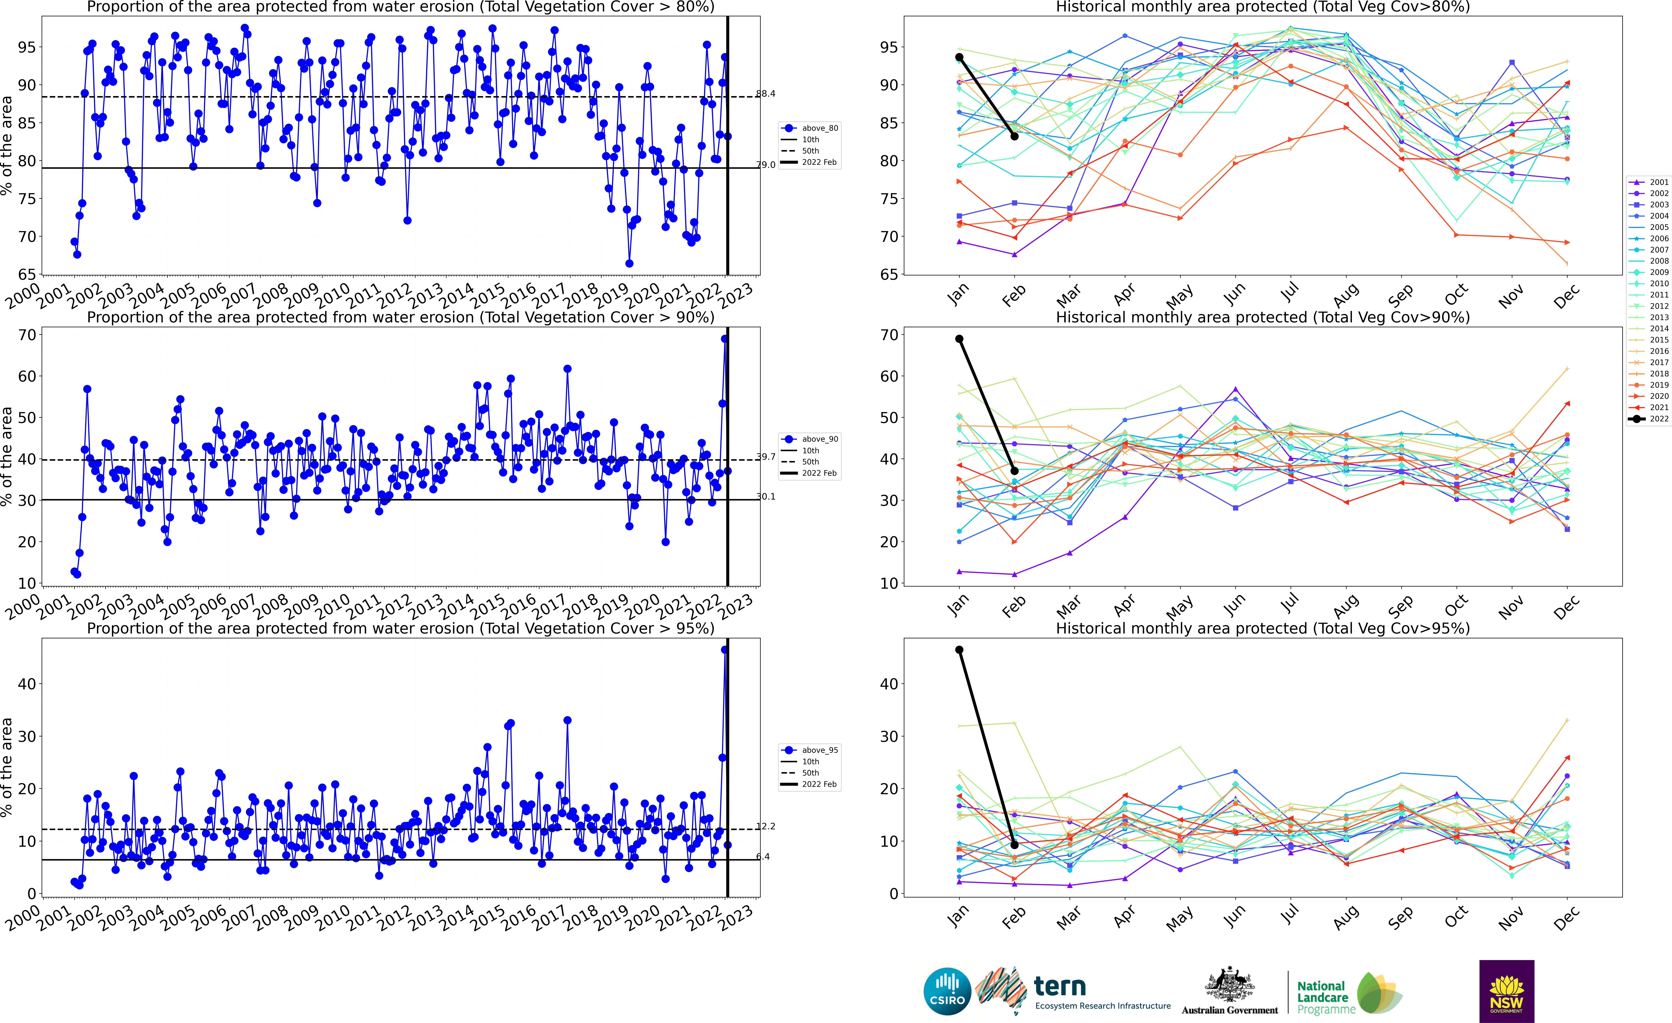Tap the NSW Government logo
coord(1506,991)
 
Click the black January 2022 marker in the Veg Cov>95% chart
coord(959,650)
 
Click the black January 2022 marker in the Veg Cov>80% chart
coord(959,58)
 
